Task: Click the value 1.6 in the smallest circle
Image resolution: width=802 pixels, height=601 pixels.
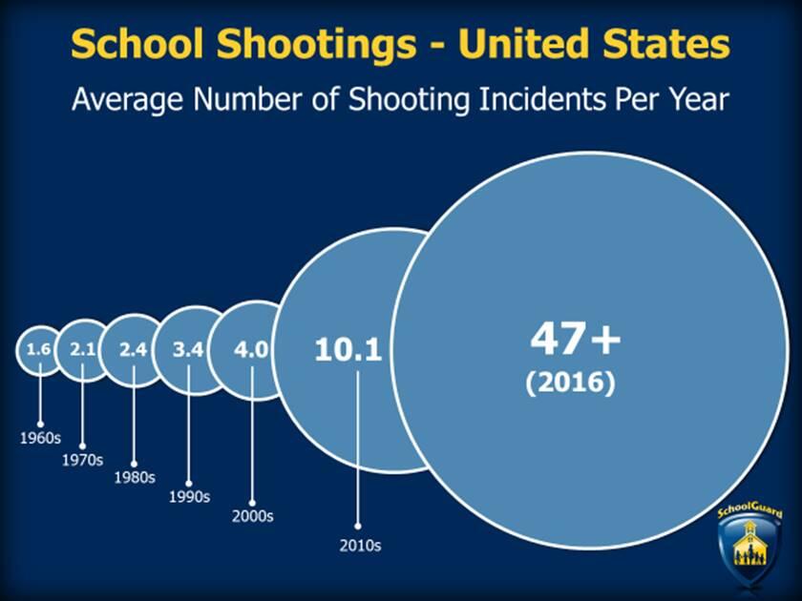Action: point(38,349)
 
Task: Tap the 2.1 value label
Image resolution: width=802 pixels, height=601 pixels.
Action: point(82,349)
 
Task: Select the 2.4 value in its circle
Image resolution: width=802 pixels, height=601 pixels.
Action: point(134,349)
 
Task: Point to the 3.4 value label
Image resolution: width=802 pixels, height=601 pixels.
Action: point(188,349)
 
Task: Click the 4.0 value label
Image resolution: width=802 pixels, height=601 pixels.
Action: point(251,349)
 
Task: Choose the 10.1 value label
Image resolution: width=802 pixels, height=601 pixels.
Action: point(348,350)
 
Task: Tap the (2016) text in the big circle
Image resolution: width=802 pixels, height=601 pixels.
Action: point(571,383)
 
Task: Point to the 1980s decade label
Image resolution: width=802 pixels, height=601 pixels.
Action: point(134,477)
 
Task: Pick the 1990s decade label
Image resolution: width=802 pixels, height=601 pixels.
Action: point(189,496)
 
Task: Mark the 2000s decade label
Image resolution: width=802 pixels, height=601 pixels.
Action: point(252,516)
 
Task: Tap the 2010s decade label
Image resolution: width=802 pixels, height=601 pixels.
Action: point(359,546)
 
